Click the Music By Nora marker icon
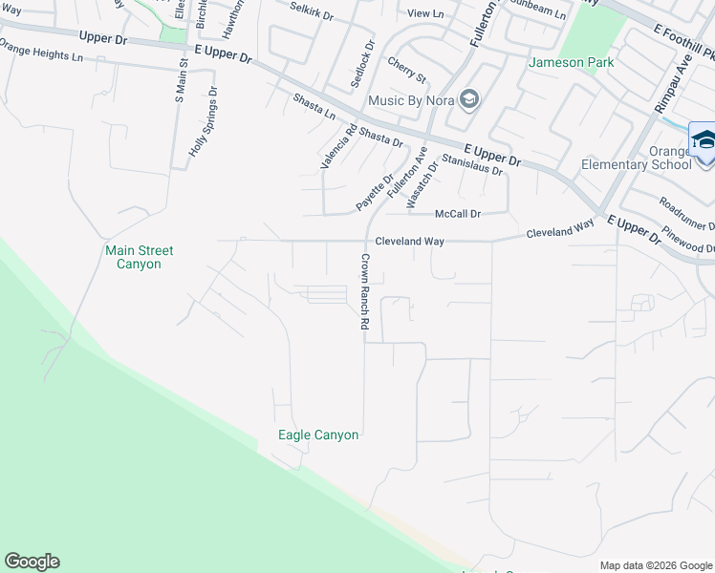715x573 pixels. point(468,99)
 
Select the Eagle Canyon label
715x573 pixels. point(318,435)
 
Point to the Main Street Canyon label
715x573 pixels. point(140,257)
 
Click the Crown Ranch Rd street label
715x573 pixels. point(364,291)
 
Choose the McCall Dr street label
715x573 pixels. point(458,214)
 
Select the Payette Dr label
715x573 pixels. point(376,192)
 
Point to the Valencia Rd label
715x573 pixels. point(338,147)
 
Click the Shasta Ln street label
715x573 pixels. point(314,106)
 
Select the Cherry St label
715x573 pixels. point(406,70)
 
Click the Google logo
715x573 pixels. point(32,562)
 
